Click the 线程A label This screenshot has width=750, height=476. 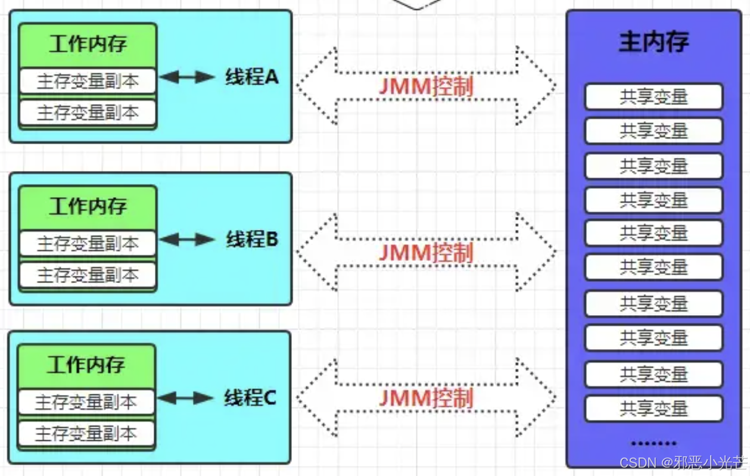[x=251, y=77]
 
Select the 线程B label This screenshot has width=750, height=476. [x=252, y=239]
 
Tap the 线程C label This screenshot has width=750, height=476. [x=250, y=398]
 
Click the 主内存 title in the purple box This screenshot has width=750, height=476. [x=653, y=42]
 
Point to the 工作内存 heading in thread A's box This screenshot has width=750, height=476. [x=88, y=44]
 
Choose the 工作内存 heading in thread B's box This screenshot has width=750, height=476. [x=88, y=207]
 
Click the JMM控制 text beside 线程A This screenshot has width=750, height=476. [x=426, y=87]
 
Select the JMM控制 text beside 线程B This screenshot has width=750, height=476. [x=426, y=253]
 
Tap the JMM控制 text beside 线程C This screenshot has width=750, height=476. [x=426, y=398]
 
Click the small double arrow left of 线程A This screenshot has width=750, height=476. [x=186, y=77]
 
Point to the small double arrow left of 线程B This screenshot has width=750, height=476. [x=186, y=239]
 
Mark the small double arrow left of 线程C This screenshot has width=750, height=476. [x=185, y=398]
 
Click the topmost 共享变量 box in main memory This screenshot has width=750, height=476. [x=653, y=97]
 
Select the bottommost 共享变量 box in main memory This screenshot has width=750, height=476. [x=653, y=409]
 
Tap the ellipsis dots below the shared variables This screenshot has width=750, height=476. [x=653, y=443]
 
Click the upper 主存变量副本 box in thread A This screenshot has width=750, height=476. [x=88, y=82]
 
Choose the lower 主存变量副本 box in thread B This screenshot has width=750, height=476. [x=88, y=275]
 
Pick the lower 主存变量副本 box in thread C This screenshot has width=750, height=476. [x=86, y=434]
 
